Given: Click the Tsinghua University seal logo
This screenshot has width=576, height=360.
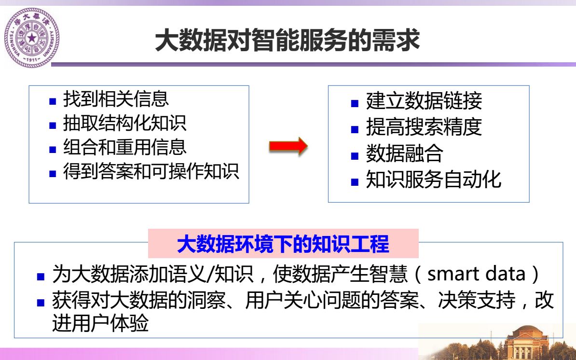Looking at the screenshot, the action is point(32,38).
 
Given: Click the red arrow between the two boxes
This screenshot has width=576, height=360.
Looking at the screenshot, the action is point(288,146).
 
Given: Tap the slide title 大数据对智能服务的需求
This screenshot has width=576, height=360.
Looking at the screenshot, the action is point(288,40).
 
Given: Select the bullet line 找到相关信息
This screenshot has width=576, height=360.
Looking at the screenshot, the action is point(116,99).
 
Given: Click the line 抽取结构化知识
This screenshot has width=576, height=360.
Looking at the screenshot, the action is point(125,123).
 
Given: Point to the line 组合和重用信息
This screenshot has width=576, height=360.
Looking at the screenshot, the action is point(125,147).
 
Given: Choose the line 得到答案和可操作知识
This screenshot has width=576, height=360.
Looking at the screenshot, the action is point(151,171).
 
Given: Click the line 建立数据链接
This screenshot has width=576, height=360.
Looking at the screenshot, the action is point(424,101).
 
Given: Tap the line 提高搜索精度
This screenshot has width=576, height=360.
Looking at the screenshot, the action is point(424,127).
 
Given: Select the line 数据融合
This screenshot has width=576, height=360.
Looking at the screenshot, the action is point(404,153).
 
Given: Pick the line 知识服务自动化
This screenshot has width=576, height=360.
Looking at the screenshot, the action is point(434,180).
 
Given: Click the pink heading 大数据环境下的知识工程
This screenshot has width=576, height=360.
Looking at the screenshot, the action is point(283,244).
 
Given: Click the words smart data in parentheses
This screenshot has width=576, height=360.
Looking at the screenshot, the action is point(477,274).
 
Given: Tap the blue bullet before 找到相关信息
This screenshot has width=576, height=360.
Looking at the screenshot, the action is point(53,101).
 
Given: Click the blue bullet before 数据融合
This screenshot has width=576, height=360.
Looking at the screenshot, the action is point(355,156).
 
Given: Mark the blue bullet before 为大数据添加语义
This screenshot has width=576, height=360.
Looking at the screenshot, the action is point(41,277).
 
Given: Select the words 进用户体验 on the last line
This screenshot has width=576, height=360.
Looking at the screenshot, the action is point(100,323).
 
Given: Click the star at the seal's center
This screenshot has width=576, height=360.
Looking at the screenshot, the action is point(32,38).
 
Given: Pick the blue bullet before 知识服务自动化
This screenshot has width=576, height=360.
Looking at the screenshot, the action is point(355,182).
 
